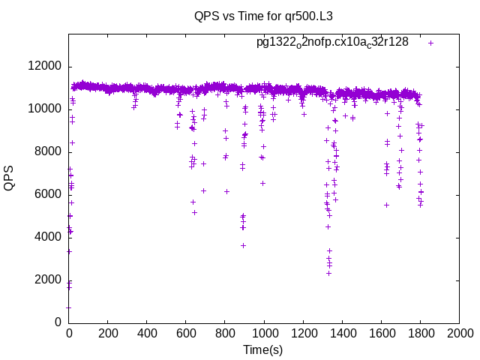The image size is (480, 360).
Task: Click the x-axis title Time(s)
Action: click(x=262, y=349)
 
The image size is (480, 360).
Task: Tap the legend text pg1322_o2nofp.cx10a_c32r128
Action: click(x=332, y=42)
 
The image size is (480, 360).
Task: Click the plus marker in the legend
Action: click(x=431, y=43)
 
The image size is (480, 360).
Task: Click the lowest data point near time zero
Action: click(x=68, y=307)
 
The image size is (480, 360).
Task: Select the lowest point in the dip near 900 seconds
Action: click(x=243, y=245)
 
